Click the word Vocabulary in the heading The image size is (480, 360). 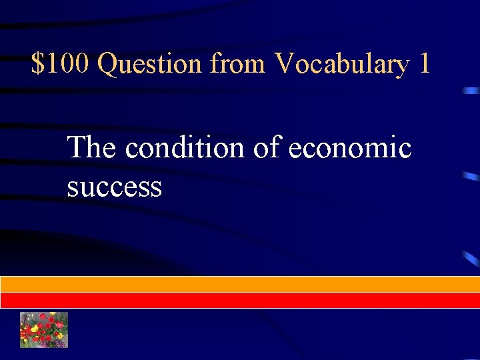coord(341,65)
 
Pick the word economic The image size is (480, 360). coord(350,147)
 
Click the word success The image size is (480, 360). coord(114,187)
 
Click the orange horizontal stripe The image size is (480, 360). coord(240,284)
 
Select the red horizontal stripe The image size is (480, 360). coord(240,300)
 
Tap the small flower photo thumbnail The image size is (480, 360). coord(44,329)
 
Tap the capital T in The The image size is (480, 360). coord(78,147)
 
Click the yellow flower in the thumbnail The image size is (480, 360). coord(35,329)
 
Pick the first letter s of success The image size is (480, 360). coord(72,189)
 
